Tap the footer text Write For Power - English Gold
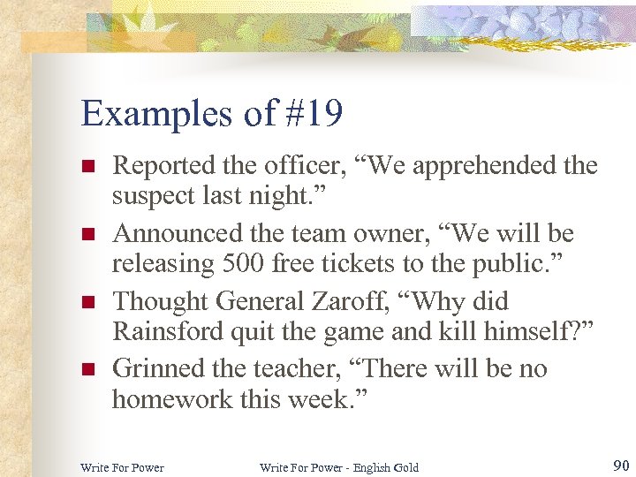339,466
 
